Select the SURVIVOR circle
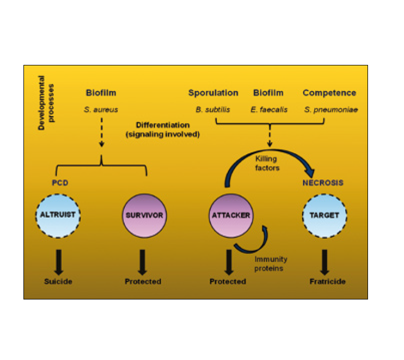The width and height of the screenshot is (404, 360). tap(143, 215)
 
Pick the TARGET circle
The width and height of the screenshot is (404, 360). tap(324, 215)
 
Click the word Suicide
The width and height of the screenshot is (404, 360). tap(58, 281)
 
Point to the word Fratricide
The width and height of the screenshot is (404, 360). tap(325, 281)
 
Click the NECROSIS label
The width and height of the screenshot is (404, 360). tap(323, 183)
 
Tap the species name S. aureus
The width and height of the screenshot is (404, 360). tap(101, 110)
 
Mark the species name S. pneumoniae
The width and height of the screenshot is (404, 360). tap(331, 110)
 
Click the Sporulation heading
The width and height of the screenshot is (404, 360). tap(213, 93)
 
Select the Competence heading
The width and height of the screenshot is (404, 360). tap(329, 93)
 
